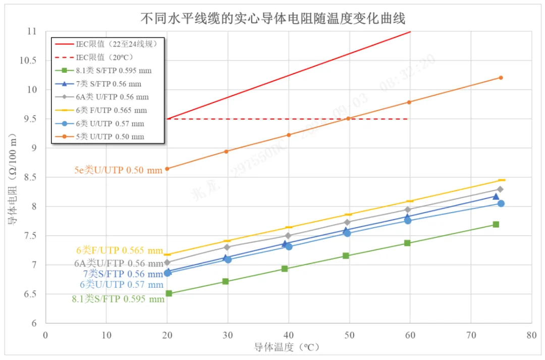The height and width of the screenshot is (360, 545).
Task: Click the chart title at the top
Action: (x=272, y=18)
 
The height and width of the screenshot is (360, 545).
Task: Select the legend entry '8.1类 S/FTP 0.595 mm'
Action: (x=114, y=70)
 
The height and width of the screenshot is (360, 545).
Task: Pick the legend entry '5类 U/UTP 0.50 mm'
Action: (x=110, y=136)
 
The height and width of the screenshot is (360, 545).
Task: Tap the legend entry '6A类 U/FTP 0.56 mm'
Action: (x=112, y=97)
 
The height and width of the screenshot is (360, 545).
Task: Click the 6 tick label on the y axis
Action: (x=34, y=323)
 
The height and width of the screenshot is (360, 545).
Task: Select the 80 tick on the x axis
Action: (x=531, y=335)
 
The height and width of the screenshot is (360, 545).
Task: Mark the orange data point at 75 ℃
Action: (x=501, y=78)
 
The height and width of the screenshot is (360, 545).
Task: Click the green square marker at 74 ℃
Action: (x=496, y=224)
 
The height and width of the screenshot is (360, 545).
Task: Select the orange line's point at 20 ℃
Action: (x=167, y=169)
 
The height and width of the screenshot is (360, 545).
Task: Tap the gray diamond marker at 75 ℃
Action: (x=500, y=189)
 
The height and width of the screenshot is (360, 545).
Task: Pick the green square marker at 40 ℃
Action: (x=285, y=269)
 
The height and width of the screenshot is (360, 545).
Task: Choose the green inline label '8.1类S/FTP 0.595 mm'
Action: (x=118, y=299)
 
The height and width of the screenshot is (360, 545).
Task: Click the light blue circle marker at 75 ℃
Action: (x=501, y=203)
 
